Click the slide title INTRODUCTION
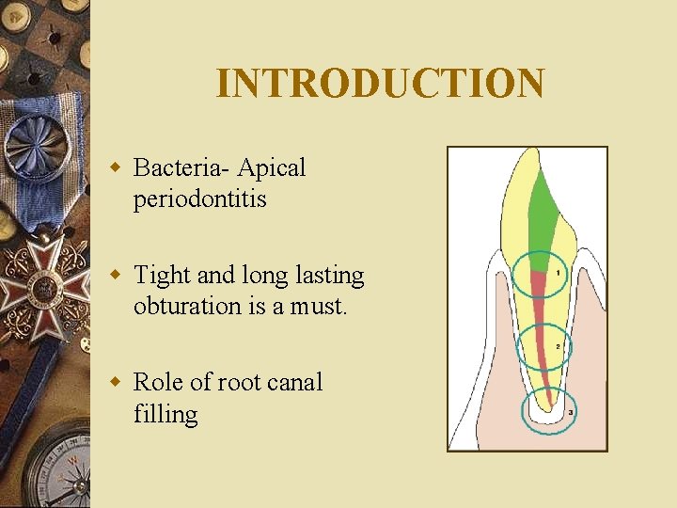tap(380, 83)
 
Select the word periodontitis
tap(199, 199)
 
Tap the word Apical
tap(272, 169)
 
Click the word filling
tap(165, 414)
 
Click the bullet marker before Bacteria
tap(116, 169)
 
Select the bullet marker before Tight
tap(116, 276)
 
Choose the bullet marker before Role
tap(116, 383)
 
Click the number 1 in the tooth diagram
tap(559, 273)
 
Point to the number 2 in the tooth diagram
tap(558, 346)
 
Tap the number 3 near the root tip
tap(570, 412)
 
